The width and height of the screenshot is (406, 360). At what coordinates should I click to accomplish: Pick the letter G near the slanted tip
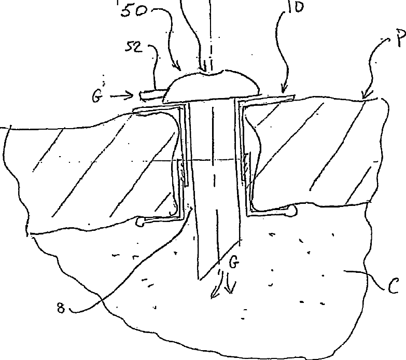pyautogui.click(x=234, y=264)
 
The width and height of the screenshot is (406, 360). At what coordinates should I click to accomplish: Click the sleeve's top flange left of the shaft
pyautogui.click(x=158, y=107)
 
